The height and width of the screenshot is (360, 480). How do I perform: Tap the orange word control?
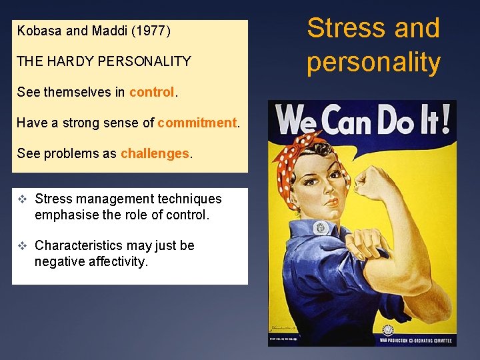(x=151, y=92)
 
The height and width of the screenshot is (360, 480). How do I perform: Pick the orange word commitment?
(x=197, y=123)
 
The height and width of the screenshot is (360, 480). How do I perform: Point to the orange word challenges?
(x=155, y=153)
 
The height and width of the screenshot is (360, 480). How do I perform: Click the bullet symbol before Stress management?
(x=23, y=199)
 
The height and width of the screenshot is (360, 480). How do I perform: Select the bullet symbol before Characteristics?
(x=23, y=245)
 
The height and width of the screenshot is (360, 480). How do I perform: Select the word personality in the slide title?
(x=373, y=62)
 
